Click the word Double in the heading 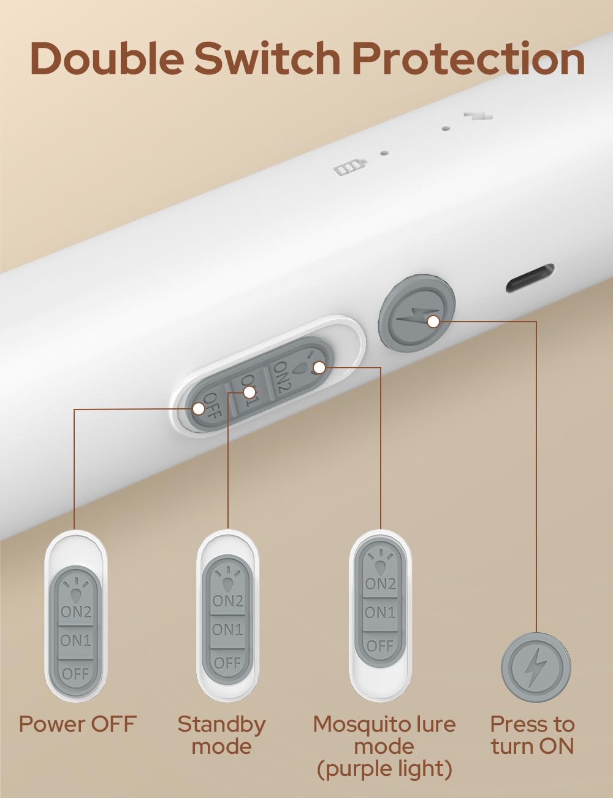105,59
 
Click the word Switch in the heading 267,59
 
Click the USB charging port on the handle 530,278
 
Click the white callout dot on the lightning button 434,322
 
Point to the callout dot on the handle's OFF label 199,409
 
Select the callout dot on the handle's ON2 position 319,367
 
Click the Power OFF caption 77,724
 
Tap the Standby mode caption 221,735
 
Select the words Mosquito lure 384,724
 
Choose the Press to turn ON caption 532,735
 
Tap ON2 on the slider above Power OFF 76,611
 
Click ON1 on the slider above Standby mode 227,630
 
